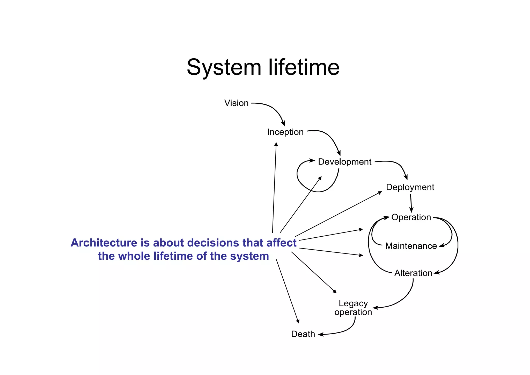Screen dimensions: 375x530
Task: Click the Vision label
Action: point(236,103)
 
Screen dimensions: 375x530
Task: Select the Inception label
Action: point(285,132)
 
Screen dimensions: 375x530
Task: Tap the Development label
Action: point(344,162)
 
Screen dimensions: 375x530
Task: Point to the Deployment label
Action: point(410,187)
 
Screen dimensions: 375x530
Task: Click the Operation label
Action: point(411,217)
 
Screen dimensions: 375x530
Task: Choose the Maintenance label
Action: point(411,246)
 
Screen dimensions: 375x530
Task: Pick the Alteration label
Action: point(413,273)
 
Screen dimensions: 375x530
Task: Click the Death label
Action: point(303,334)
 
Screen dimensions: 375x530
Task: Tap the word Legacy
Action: point(353,303)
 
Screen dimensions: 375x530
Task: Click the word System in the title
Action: point(224,67)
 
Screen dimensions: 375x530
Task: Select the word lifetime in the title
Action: point(304,67)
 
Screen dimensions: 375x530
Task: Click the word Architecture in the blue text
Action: point(104,243)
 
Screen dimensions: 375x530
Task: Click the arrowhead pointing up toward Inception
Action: point(276,144)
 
